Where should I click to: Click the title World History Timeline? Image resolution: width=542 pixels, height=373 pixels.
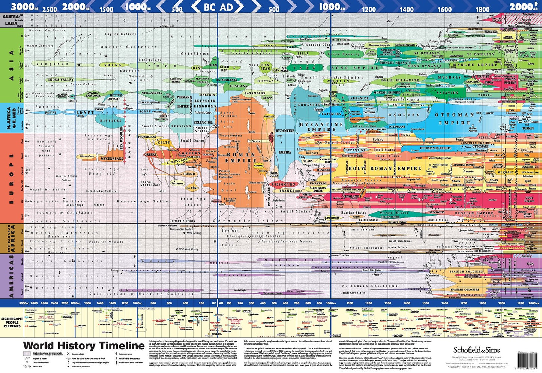(x=84, y=346)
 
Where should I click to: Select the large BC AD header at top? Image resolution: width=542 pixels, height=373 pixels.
(x=218, y=7)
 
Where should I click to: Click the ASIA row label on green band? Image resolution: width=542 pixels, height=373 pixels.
(x=11, y=66)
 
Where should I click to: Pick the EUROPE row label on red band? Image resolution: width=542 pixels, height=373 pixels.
(x=11, y=178)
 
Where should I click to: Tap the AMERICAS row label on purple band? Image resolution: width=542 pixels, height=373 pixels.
(x=11, y=276)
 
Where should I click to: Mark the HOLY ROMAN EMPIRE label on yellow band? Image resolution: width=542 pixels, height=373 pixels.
(x=380, y=169)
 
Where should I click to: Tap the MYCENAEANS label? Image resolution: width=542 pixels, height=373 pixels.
(x=111, y=159)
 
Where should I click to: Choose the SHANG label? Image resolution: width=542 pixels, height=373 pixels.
(x=113, y=65)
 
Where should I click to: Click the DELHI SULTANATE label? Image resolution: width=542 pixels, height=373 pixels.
(x=400, y=80)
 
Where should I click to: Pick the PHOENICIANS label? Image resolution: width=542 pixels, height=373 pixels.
(x=147, y=137)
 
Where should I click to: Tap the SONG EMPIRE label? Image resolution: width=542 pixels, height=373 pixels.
(x=354, y=68)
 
